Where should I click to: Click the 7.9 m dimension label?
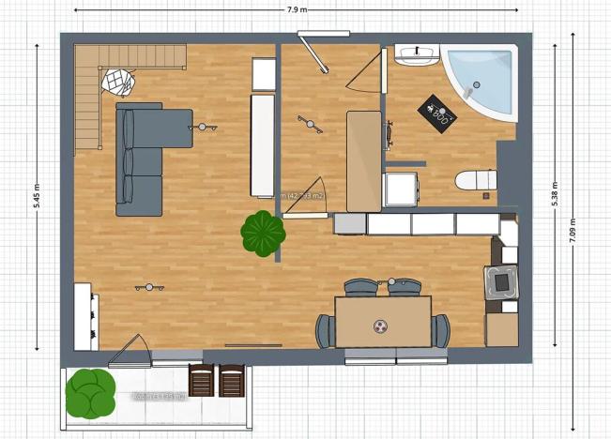[x=296, y=8]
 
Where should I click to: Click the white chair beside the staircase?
[x=118, y=83]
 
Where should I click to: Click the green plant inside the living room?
[x=263, y=234]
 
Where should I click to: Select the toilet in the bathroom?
[x=474, y=180]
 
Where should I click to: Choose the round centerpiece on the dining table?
[x=382, y=326]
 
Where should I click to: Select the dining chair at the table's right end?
[x=441, y=330]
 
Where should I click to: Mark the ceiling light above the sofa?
[x=203, y=127]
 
